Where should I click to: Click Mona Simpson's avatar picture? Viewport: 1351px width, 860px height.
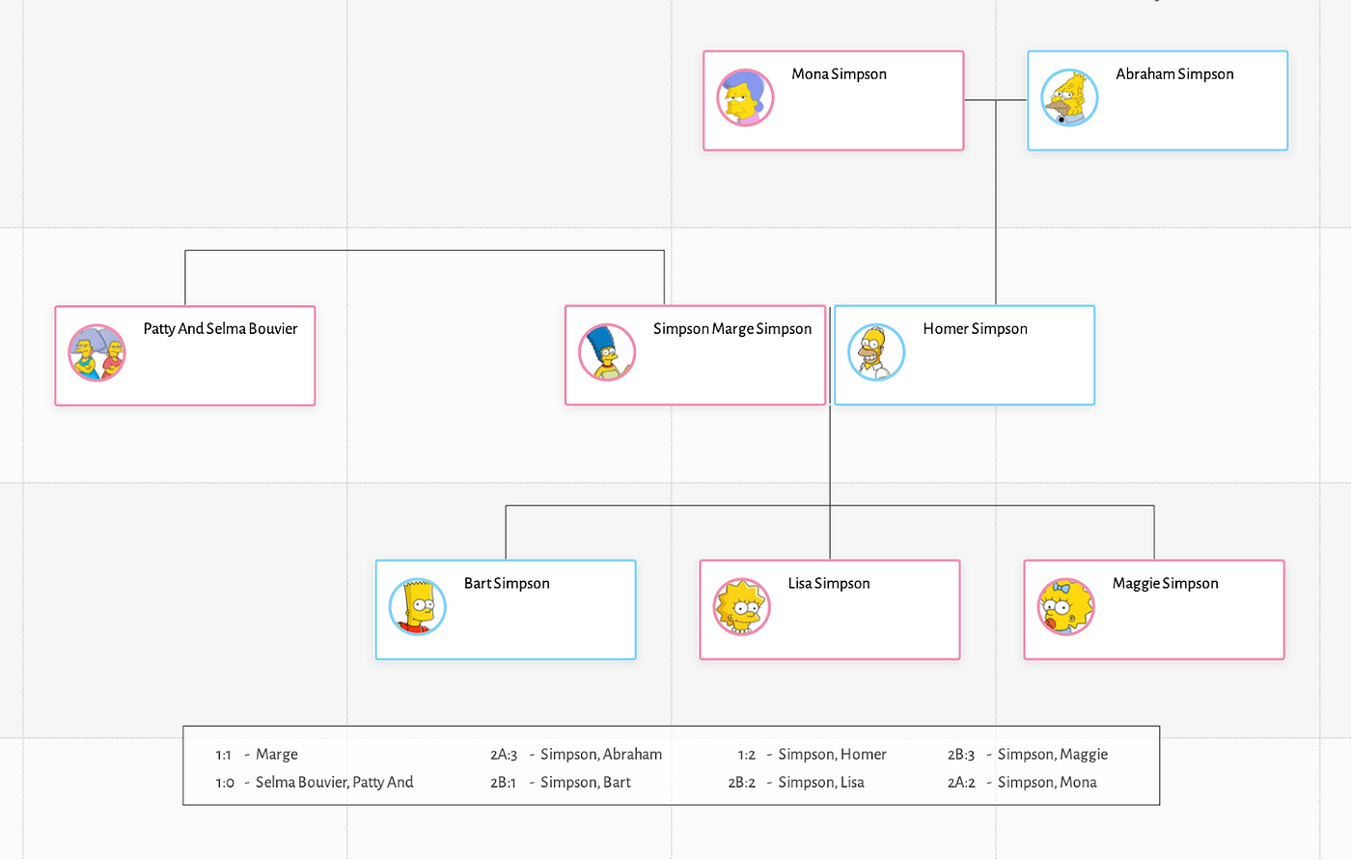click(x=745, y=97)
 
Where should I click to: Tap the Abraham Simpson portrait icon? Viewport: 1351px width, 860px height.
click(x=1069, y=97)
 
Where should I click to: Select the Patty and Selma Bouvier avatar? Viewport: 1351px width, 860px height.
click(x=96, y=352)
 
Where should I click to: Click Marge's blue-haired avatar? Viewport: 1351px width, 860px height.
click(x=606, y=352)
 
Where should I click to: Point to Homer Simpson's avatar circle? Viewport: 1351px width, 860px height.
click(x=876, y=352)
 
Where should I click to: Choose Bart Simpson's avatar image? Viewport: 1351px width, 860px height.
click(x=417, y=607)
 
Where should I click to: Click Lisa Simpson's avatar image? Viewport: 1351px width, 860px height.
click(x=741, y=607)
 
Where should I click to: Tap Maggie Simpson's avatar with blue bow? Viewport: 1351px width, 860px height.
click(x=1065, y=607)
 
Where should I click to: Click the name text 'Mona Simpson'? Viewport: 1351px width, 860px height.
click(x=839, y=74)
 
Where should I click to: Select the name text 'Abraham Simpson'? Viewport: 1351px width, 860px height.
click(x=1174, y=74)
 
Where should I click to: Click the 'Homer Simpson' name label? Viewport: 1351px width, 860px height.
click(x=975, y=329)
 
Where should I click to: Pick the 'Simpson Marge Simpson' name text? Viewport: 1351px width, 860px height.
click(x=731, y=329)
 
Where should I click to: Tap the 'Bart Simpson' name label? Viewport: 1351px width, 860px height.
click(x=507, y=584)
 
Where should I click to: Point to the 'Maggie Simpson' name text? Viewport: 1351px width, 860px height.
click(x=1165, y=584)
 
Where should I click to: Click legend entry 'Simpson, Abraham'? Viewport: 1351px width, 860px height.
click(x=601, y=755)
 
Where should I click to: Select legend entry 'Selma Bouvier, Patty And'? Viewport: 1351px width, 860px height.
click(x=334, y=783)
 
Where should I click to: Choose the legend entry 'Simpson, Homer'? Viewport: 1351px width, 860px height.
click(x=832, y=755)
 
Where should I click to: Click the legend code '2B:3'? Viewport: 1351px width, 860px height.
click(x=961, y=755)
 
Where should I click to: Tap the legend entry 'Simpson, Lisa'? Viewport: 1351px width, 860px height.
click(x=821, y=783)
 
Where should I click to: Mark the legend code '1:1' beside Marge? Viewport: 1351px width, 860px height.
click(x=223, y=755)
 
